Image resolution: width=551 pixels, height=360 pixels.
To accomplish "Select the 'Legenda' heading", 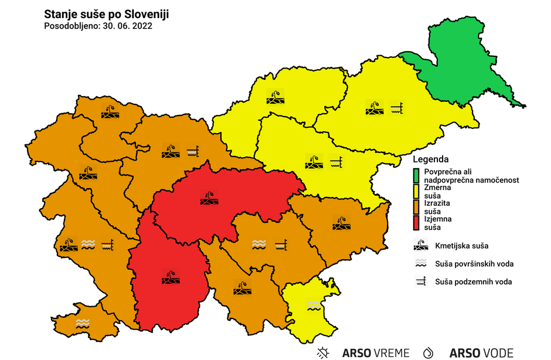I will pyautogui.click(x=431, y=159).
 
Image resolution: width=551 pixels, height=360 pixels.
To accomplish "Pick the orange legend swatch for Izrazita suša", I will pyautogui.click(x=416, y=207).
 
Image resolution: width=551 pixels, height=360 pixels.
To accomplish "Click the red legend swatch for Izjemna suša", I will pyautogui.click(x=416, y=223).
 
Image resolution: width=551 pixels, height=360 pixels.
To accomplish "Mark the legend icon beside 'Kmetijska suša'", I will pyautogui.click(x=421, y=245).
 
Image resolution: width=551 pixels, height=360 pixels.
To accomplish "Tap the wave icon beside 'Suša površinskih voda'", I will pyautogui.click(x=421, y=264).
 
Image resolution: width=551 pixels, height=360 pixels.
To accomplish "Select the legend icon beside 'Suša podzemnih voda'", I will pyautogui.click(x=421, y=281).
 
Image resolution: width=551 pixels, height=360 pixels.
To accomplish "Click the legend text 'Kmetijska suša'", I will pyautogui.click(x=462, y=245).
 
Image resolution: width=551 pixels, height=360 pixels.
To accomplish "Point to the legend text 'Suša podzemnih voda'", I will pyautogui.click(x=474, y=282).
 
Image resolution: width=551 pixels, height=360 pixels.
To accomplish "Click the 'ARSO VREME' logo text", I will pyautogui.click(x=376, y=353).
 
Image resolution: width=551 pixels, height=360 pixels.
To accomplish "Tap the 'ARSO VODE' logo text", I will pyautogui.click(x=481, y=353).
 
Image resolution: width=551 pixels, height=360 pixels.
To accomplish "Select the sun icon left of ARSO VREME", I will pyautogui.click(x=323, y=352).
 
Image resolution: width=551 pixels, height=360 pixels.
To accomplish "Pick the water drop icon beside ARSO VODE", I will pyautogui.click(x=429, y=352).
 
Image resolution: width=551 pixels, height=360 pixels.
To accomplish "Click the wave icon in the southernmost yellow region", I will pyautogui.click(x=314, y=304).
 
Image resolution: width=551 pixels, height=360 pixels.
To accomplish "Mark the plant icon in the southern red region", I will pyautogui.click(x=171, y=276).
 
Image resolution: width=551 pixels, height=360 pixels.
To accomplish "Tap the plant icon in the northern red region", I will pyautogui.click(x=209, y=198).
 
